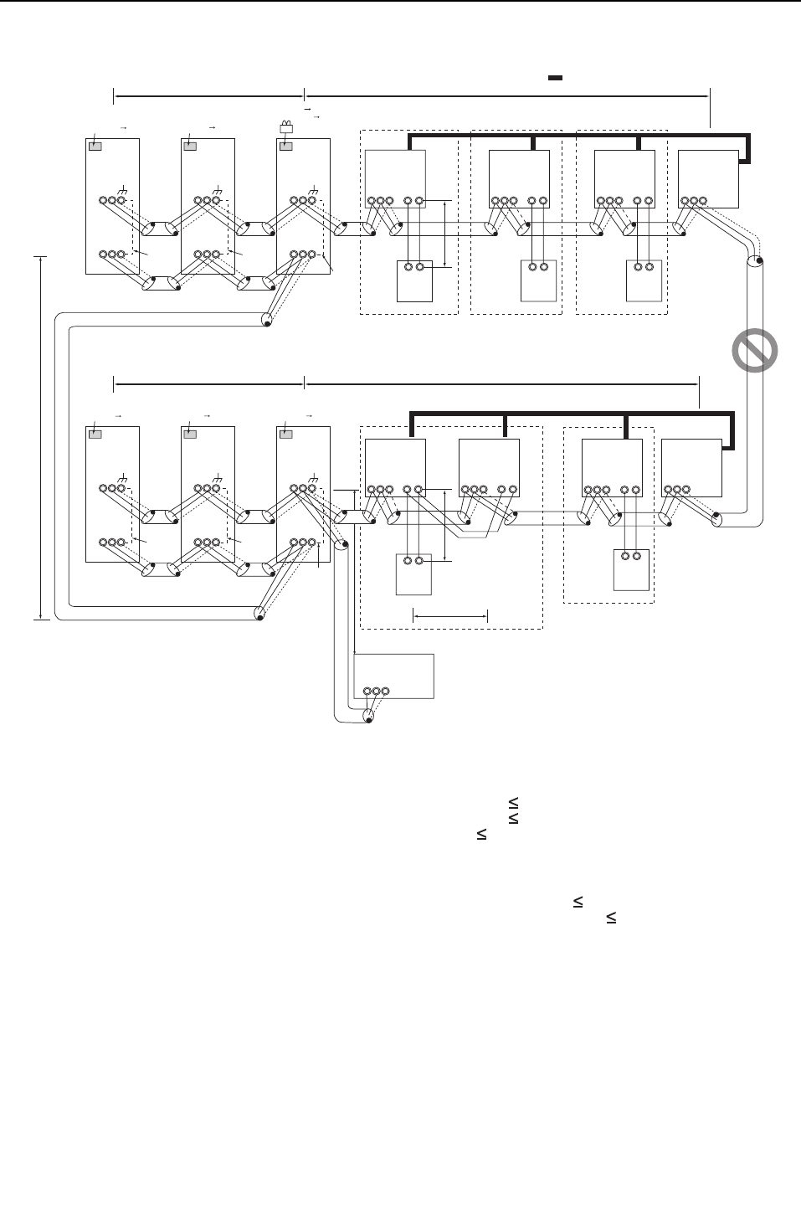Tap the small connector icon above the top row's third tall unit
pos(286,128)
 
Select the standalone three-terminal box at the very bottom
pos(393,676)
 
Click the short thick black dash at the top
pos(554,78)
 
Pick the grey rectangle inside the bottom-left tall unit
pos(95,435)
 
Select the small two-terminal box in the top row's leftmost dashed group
pos(413,281)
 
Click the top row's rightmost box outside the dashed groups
pos(708,178)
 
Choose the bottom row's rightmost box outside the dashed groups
pos(691,467)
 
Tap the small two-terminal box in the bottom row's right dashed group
pos(632,569)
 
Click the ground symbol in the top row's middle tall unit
pos(218,191)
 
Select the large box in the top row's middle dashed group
pos(519,178)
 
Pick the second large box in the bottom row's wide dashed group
pos(490,467)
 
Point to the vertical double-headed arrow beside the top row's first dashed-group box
pos(444,234)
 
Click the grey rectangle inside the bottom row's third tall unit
pos(286,435)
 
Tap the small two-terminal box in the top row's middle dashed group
pos(538,281)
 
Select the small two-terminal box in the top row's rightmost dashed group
pos(644,281)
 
